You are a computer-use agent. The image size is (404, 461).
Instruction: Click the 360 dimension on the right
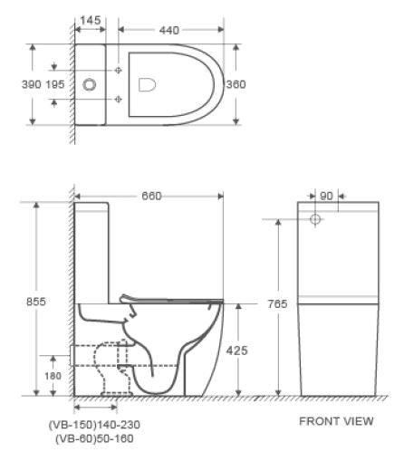tap(236, 83)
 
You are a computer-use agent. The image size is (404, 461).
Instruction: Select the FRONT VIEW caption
tap(335, 421)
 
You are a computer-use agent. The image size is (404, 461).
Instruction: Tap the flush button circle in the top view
tap(90, 84)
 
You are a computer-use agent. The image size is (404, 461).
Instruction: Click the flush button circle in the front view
tap(315, 219)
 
